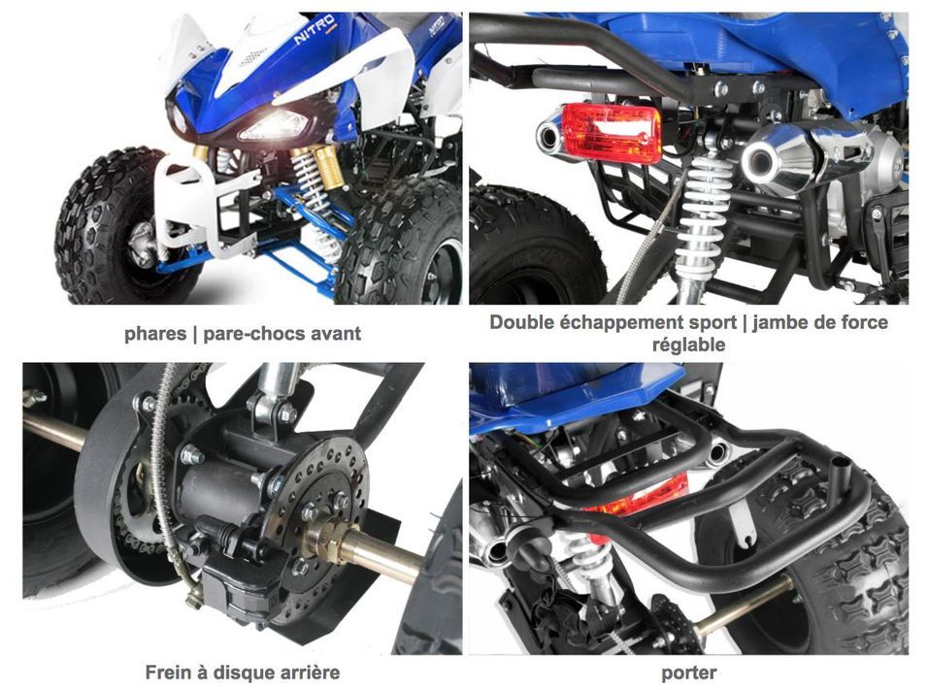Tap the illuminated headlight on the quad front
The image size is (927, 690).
click(273, 126)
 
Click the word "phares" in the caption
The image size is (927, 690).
click(155, 334)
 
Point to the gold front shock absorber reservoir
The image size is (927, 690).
click(328, 167)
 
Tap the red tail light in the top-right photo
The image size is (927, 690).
click(611, 133)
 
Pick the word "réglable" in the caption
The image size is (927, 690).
click(689, 345)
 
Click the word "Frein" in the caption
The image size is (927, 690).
click(169, 673)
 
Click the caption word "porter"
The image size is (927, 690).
click(689, 674)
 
